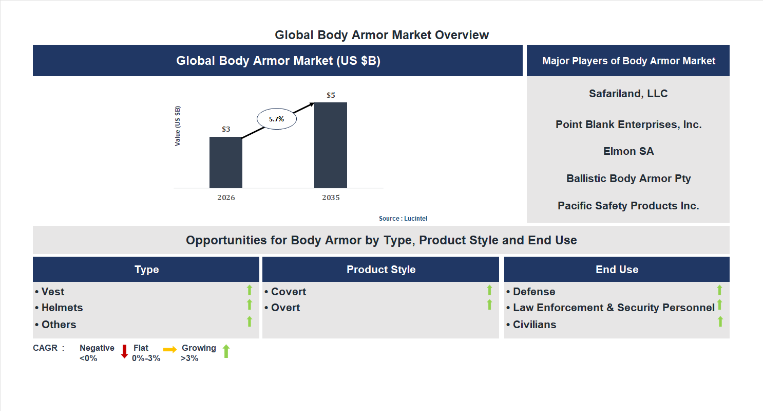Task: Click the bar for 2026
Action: [226, 162]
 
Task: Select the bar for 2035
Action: [331, 145]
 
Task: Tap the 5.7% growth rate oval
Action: [276, 119]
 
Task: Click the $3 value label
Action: [226, 129]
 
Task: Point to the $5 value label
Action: [331, 95]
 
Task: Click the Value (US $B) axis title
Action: [178, 126]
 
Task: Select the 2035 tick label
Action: [331, 198]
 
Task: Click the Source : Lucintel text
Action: [403, 219]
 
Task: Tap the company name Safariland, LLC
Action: [628, 94]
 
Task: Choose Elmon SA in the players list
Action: [628, 151]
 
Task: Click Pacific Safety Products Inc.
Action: [628, 206]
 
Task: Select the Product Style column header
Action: [380, 270]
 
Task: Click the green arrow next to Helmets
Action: [250, 305]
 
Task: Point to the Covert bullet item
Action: [288, 292]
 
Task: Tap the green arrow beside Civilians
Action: [720, 322]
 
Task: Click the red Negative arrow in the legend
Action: [124, 352]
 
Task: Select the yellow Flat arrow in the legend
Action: [169, 349]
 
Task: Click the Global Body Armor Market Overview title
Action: [381, 35]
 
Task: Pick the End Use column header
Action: [617, 270]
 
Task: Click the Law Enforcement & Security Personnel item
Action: [613, 308]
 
